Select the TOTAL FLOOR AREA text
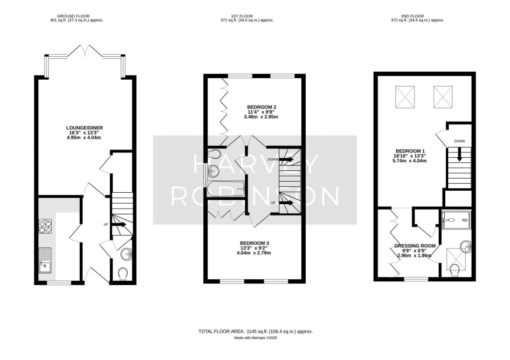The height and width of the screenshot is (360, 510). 255,331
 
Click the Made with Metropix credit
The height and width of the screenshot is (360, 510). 255,338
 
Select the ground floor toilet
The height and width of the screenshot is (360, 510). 123,273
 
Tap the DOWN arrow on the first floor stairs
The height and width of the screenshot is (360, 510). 286,159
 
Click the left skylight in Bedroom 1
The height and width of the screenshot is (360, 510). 404,97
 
